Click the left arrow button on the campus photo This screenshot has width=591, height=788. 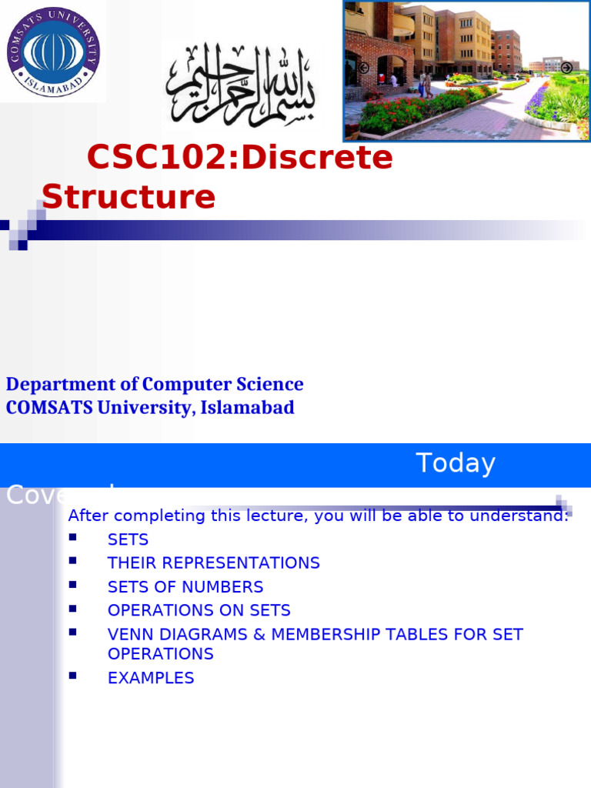(363, 68)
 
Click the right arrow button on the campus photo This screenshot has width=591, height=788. (566, 68)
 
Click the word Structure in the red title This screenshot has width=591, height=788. (129, 197)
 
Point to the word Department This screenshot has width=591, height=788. (55, 384)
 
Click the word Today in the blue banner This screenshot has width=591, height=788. (456, 463)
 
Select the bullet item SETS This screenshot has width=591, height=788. (128, 539)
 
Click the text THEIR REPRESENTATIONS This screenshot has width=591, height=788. (213, 563)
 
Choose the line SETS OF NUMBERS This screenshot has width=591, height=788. (185, 587)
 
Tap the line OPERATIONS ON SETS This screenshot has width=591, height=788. (199, 610)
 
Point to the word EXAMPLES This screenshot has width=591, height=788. (151, 678)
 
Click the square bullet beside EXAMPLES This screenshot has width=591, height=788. (73, 676)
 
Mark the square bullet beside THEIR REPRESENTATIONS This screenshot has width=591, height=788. (73, 560)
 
